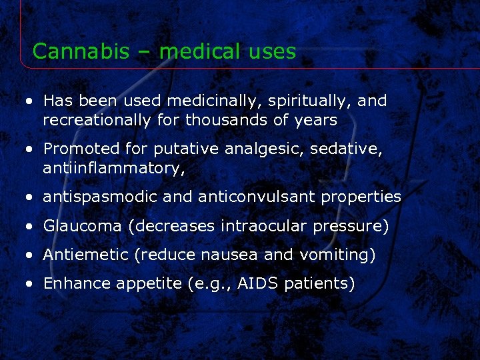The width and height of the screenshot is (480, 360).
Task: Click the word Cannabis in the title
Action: click(x=71, y=51)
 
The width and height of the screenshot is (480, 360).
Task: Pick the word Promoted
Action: click(x=79, y=149)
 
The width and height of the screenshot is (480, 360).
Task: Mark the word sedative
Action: click(x=349, y=149)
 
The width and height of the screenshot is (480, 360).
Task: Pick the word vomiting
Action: click(x=337, y=255)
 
